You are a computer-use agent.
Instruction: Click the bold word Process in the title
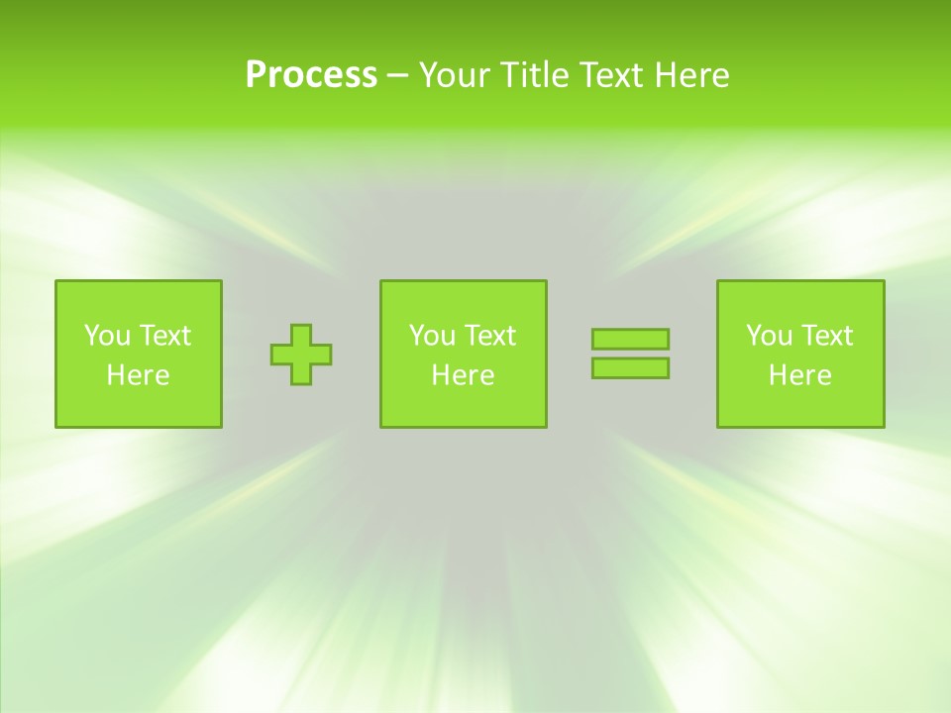(x=311, y=75)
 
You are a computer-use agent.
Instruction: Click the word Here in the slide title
(x=692, y=75)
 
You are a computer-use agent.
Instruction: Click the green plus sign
(x=301, y=355)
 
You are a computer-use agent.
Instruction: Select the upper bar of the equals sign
(x=630, y=339)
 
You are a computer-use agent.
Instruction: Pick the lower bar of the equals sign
(x=630, y=368)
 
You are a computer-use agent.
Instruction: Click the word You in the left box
(x=106, y=336)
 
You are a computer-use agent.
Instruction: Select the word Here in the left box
(x=138, y=375)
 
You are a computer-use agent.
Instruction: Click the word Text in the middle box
(x=489, y=336)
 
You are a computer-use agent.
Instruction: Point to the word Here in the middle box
(x=463, y=375)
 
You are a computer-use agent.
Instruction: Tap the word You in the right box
(x=768, y=336)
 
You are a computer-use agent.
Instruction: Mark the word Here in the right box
(x=799, y=375)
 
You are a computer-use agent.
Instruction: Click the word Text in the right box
(x=826, y=336)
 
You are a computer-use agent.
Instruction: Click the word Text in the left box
(x=164, y=336)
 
